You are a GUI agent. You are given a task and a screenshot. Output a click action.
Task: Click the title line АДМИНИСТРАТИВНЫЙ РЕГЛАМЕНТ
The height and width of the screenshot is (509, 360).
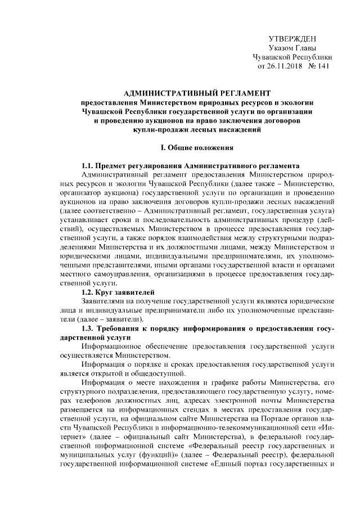pos(197,92)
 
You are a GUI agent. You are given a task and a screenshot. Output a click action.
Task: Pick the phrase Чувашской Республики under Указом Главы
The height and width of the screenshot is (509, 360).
pos(292,57)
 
